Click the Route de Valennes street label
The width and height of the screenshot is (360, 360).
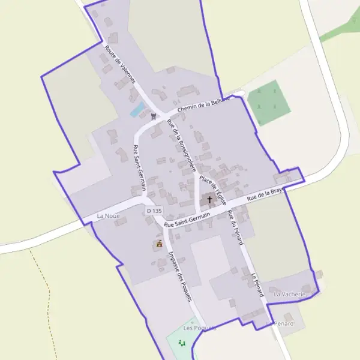pos(120,64)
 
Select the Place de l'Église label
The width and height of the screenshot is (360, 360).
pos(213,189)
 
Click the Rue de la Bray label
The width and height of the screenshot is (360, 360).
pos(265,194)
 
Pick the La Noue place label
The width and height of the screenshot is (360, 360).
pos(109,215)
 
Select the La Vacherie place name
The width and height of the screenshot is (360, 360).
pos(290,295)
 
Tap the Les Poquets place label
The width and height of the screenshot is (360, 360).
pos(199,328)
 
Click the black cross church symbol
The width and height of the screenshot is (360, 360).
pos(209,199)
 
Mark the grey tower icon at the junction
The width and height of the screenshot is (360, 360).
pos(154,116)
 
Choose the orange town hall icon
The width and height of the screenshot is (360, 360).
pos(159,244)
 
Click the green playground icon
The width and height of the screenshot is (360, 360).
pos(182,343)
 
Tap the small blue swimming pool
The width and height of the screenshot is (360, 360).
pos(137,110)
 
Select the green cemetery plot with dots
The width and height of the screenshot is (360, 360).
pos(269,103)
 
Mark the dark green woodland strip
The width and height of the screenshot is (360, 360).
pos(339,27)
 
